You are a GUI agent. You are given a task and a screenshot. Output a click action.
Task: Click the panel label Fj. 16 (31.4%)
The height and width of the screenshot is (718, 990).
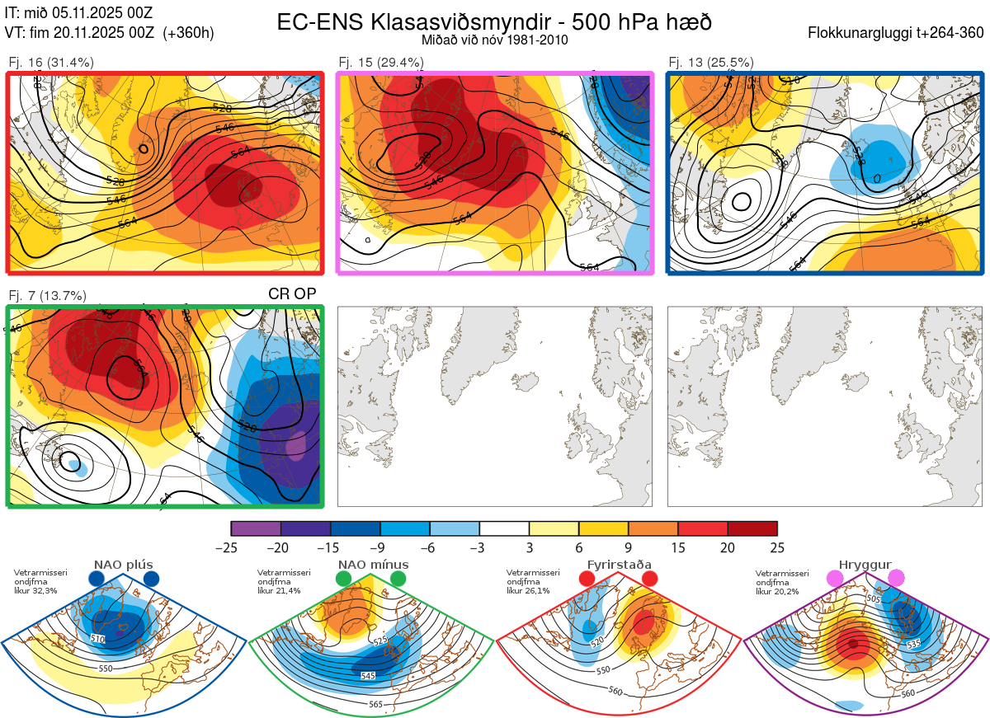[51, 63]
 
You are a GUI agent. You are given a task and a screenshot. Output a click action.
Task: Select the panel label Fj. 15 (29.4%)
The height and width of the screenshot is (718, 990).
[381, 63]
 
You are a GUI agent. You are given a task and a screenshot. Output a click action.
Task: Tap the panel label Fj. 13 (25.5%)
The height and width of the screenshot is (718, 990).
[711, 63]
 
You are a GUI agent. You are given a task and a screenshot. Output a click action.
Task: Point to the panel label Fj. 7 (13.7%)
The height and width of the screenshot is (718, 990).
[48, 296]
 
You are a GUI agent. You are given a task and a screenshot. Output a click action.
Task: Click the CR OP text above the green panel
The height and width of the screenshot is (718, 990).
[293, 293]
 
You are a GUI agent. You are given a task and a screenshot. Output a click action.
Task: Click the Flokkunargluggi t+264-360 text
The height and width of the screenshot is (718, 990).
[897, 34]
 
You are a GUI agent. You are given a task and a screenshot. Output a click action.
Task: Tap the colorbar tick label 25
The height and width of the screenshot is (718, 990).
[776, 547]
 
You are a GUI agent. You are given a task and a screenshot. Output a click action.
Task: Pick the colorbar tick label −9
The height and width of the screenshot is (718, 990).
[379, 547]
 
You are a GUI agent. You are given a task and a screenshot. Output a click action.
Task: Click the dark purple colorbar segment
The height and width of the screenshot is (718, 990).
[305, 528]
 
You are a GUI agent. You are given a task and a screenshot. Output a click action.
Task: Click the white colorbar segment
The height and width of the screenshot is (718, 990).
[504, 528]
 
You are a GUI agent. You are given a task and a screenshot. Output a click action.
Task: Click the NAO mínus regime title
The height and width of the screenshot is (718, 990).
[373, 565]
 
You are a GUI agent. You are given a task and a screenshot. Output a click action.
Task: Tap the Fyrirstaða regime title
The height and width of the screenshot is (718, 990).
[618, 565]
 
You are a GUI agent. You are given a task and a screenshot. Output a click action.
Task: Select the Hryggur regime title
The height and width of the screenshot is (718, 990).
[867, 565]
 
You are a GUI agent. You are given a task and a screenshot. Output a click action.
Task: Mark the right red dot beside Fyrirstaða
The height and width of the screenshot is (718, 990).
[649, 580]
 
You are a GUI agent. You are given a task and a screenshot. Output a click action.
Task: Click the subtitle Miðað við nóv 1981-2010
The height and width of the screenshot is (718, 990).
[494, 40]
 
